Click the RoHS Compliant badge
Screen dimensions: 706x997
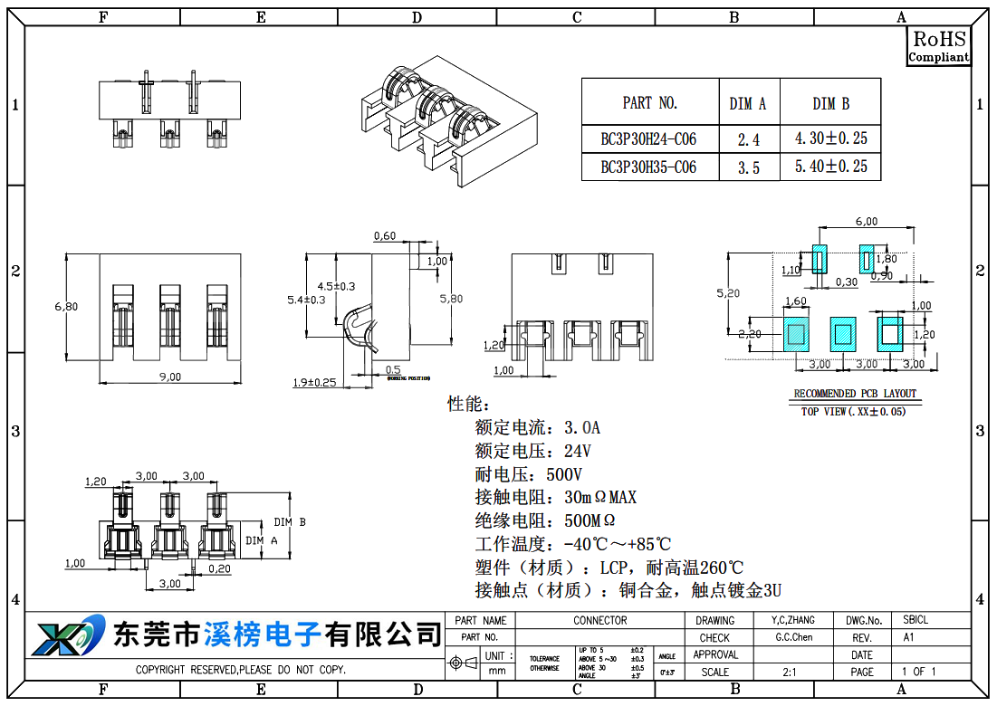point(939,46)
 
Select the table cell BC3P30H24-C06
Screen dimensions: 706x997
point(648,139)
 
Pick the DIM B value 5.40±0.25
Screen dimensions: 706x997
point(830,167)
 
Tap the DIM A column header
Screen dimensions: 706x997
point(748,104)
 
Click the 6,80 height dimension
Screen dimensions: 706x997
point(66,307)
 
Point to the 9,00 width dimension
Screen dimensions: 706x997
point(170,377)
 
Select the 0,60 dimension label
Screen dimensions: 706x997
point(385,236)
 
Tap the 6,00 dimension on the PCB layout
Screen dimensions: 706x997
point(867,222)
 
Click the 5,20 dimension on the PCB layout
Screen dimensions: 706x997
point(727,293)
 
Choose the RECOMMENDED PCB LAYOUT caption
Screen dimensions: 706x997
point(855,394)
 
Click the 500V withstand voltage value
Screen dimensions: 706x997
point(563,474)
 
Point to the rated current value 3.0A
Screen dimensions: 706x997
point(582,427)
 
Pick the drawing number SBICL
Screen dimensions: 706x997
point(916,620)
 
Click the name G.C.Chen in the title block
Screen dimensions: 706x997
point(794,637)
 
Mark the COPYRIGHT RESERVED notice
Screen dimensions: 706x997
point(241,671)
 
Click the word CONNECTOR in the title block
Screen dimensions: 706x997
point(599,621)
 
